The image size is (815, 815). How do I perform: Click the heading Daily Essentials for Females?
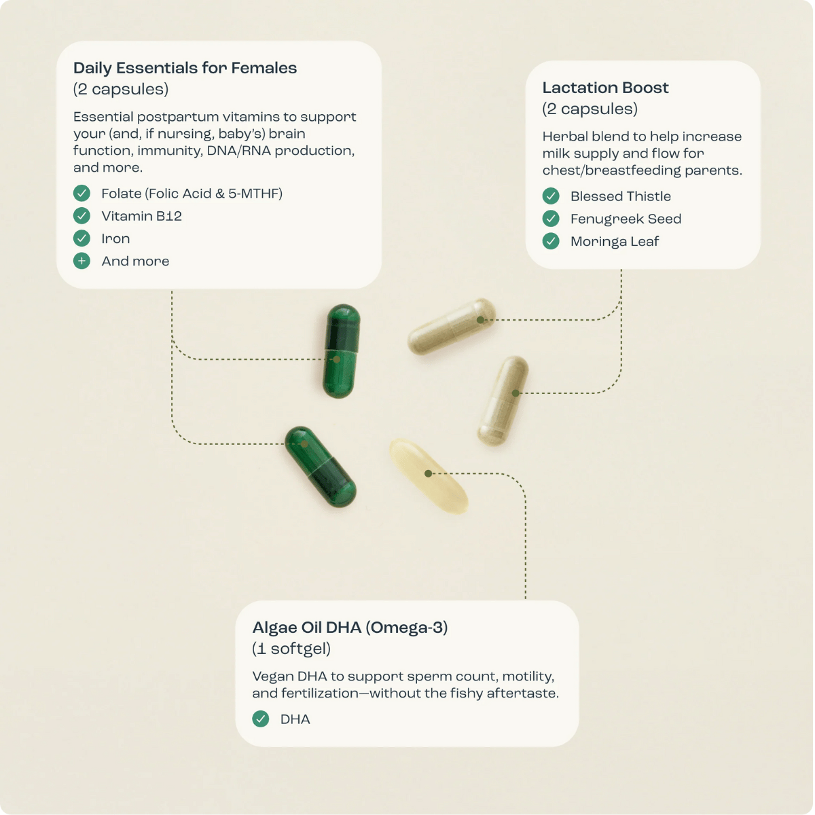point(185,68)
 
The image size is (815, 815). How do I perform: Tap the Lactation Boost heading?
point(605,88)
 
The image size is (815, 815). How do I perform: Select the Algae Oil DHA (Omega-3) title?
point(350,628)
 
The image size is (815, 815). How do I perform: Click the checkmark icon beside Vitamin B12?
point(81,216)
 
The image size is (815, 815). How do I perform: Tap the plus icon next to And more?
point(81,261)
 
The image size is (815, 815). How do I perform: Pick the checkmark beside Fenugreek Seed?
point(551,219)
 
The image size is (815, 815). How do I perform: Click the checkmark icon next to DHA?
point(261,719)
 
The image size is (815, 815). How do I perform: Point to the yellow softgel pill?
point(429,476)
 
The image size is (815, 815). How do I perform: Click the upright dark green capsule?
point(341,351)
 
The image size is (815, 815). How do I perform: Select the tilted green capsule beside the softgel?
point(321,467)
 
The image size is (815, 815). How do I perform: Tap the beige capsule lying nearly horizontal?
point(452,326)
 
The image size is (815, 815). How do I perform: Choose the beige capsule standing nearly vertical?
point(503,401)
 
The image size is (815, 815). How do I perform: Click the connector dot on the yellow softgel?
point(428,473)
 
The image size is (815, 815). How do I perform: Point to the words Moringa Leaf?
point(615,242)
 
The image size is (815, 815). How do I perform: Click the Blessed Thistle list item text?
point(621,196)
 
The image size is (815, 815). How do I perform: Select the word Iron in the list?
point(115,238)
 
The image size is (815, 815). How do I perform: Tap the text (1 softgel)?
point(291,649)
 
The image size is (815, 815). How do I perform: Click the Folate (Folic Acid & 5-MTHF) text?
point(192,194)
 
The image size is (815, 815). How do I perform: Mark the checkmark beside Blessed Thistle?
point(551,196)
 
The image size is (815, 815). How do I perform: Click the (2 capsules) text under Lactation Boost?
point(590,109)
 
